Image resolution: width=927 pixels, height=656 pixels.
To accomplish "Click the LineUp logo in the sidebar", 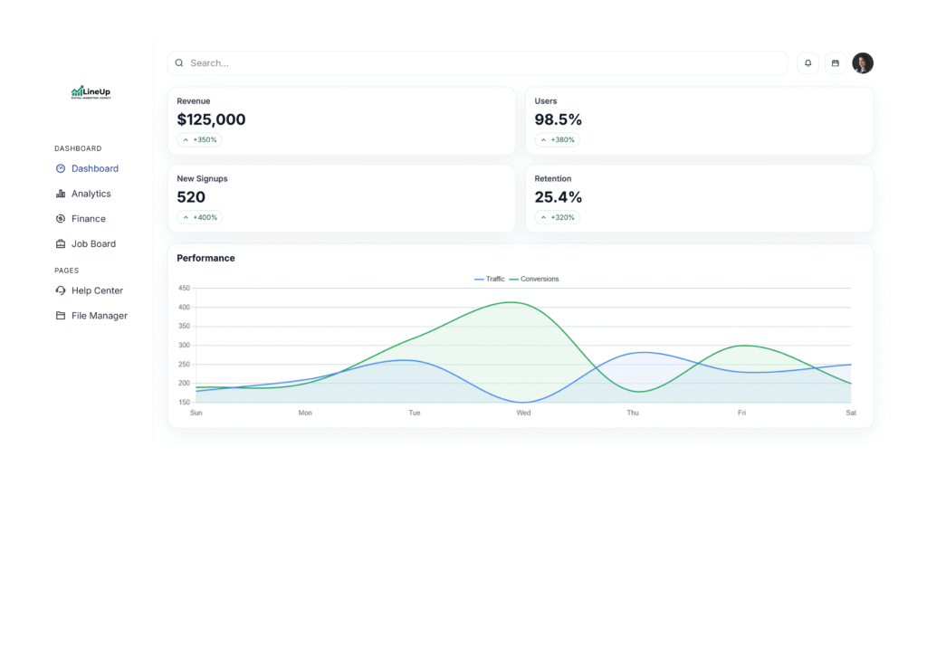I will pos(91,92).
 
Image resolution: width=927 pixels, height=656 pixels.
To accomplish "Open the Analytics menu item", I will pos(91,194).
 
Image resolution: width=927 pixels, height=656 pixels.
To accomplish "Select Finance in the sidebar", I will pos(88,219).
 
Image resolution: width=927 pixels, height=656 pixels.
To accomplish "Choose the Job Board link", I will pos(93,244).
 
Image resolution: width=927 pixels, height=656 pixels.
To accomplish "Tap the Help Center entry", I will pos(97,290).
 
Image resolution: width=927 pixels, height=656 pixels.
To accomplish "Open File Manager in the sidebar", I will pos(99,316).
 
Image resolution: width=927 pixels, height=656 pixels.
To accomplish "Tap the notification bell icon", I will pos(808,63).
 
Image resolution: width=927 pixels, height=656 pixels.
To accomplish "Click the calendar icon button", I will pos(836,63).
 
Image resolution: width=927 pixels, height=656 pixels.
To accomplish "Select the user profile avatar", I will pos(863,63).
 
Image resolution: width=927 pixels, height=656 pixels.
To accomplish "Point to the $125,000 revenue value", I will pos(211,119).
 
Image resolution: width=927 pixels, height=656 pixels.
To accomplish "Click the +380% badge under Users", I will pos(558,140).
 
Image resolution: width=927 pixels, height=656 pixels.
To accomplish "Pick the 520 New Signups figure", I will pos(191,197).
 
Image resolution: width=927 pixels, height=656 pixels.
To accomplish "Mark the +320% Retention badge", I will pos(558,218).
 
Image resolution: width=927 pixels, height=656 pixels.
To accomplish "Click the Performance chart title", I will pos(205,258).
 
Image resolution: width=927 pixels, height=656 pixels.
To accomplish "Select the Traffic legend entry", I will pos(490,279).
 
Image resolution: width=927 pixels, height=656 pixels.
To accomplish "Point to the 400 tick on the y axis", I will pos(184,308).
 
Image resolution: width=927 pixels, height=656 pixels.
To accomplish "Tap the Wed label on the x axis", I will pos(523,413).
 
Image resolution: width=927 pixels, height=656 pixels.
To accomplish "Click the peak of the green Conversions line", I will pos(514,302).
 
